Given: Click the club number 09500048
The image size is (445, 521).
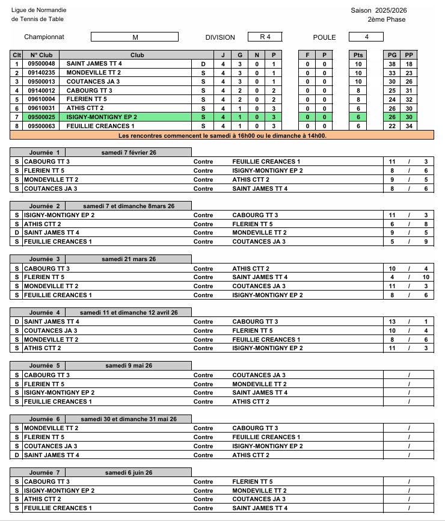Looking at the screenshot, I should click(x=41, y=64).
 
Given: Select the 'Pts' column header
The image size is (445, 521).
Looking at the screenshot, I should click(x=358, y=55).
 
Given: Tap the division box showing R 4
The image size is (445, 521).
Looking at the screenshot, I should click(x=265, y=37).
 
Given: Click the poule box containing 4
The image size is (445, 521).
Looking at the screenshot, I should click(x=366, y=37).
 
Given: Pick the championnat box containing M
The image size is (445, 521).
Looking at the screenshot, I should click(x=135, y=37).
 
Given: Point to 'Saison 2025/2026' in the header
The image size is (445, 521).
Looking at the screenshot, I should click(x=378, y=10).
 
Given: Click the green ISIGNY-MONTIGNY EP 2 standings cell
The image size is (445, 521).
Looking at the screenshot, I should click(x=102, y=117).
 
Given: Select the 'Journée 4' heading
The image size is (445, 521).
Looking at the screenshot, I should click(x=45, y=313).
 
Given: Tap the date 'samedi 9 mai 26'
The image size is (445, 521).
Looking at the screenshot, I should click(x=129, y=366).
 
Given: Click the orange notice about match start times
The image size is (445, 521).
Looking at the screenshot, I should click(x=222, y=135).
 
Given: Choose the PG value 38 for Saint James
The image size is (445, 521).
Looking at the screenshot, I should click(x=392, y=64).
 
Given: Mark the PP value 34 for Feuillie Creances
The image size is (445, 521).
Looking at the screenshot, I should click(x=409, y=126).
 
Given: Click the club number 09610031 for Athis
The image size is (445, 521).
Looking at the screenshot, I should click(x=41, y=108).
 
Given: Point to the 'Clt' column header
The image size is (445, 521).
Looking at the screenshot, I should click(x=17, y=55).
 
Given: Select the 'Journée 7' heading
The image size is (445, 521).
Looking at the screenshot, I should click(x=45, y=473).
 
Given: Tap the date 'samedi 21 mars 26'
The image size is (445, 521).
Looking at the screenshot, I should click(x=129, y=259).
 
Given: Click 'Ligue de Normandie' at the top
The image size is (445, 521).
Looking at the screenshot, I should click(x=39, y=10).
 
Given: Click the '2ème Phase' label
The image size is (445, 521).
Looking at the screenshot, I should click(x=387, y=19).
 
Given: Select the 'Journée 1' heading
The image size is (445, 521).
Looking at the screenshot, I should click(x=45, y=153).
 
